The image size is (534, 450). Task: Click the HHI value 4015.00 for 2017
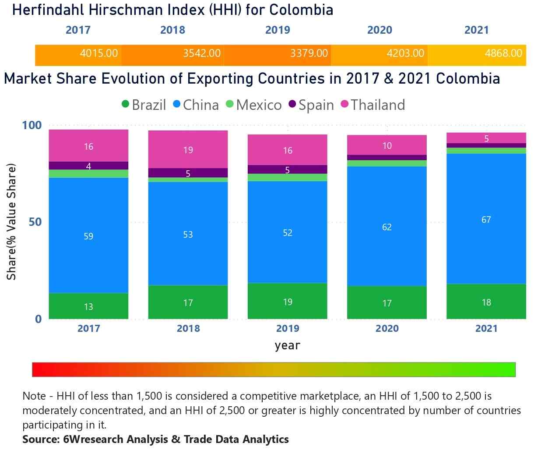pos(98,53)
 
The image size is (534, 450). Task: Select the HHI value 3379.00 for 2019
pos(309,53)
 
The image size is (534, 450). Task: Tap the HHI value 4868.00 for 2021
pos(503,53)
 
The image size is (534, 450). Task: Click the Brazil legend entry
pos(144,105)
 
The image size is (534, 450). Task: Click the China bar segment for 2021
pos(486,219)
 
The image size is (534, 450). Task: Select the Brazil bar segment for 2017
pos(88,306)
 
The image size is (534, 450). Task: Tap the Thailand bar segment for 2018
pos(188,149)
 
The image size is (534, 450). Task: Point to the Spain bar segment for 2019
pos(287,169)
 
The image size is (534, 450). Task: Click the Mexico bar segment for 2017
pos(88,173)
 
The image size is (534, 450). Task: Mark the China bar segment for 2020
pos(387,226)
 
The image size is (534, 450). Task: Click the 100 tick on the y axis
pos(32,125)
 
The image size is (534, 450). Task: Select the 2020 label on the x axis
pos(387,328)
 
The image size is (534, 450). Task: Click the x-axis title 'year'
pos(287,345)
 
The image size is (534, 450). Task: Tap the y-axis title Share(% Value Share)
pos(11,222)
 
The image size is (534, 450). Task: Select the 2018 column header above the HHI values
pos(172,30)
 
